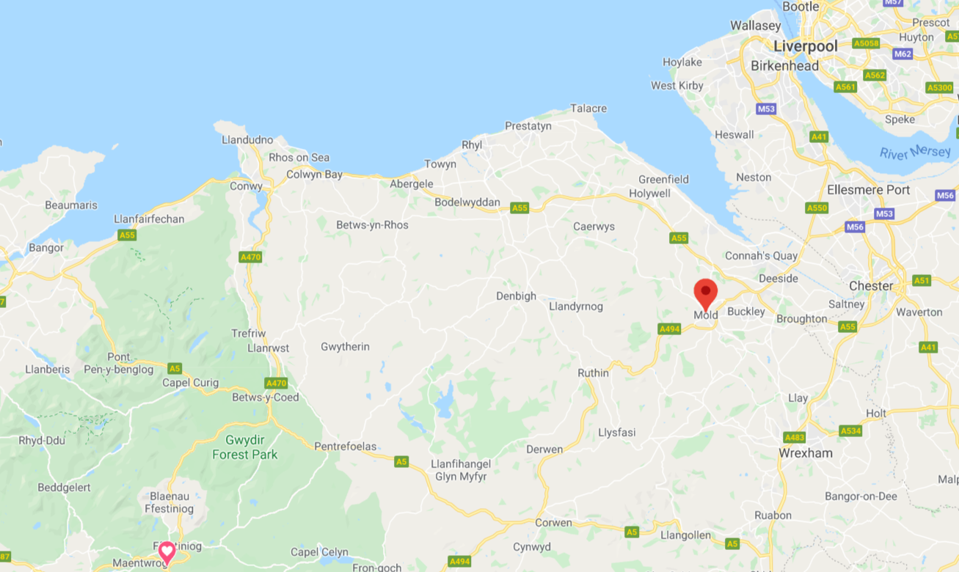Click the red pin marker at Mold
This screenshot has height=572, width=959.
[x=706, y=293]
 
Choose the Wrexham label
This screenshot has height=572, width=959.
[x=805, y=453]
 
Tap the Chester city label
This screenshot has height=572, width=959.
[x=871, y=286]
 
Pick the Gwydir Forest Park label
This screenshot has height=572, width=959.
[x=245, y=448]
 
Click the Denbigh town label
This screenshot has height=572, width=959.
[x=516, y=296]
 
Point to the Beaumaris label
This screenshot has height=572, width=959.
[x=71, y=205]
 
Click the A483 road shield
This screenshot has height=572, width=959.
[x=795, y=438]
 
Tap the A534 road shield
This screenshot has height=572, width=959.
[x=850, y=431]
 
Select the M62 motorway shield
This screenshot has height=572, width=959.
[x=903, y=54]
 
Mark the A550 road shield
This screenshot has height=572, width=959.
[x=817, y=208]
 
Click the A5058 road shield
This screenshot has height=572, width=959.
[x=866, y=43]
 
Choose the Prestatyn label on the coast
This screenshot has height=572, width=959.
[x=528, y=126]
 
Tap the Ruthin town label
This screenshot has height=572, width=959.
[x=593, y=373]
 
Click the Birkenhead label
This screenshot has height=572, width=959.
[x=784, y=66]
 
